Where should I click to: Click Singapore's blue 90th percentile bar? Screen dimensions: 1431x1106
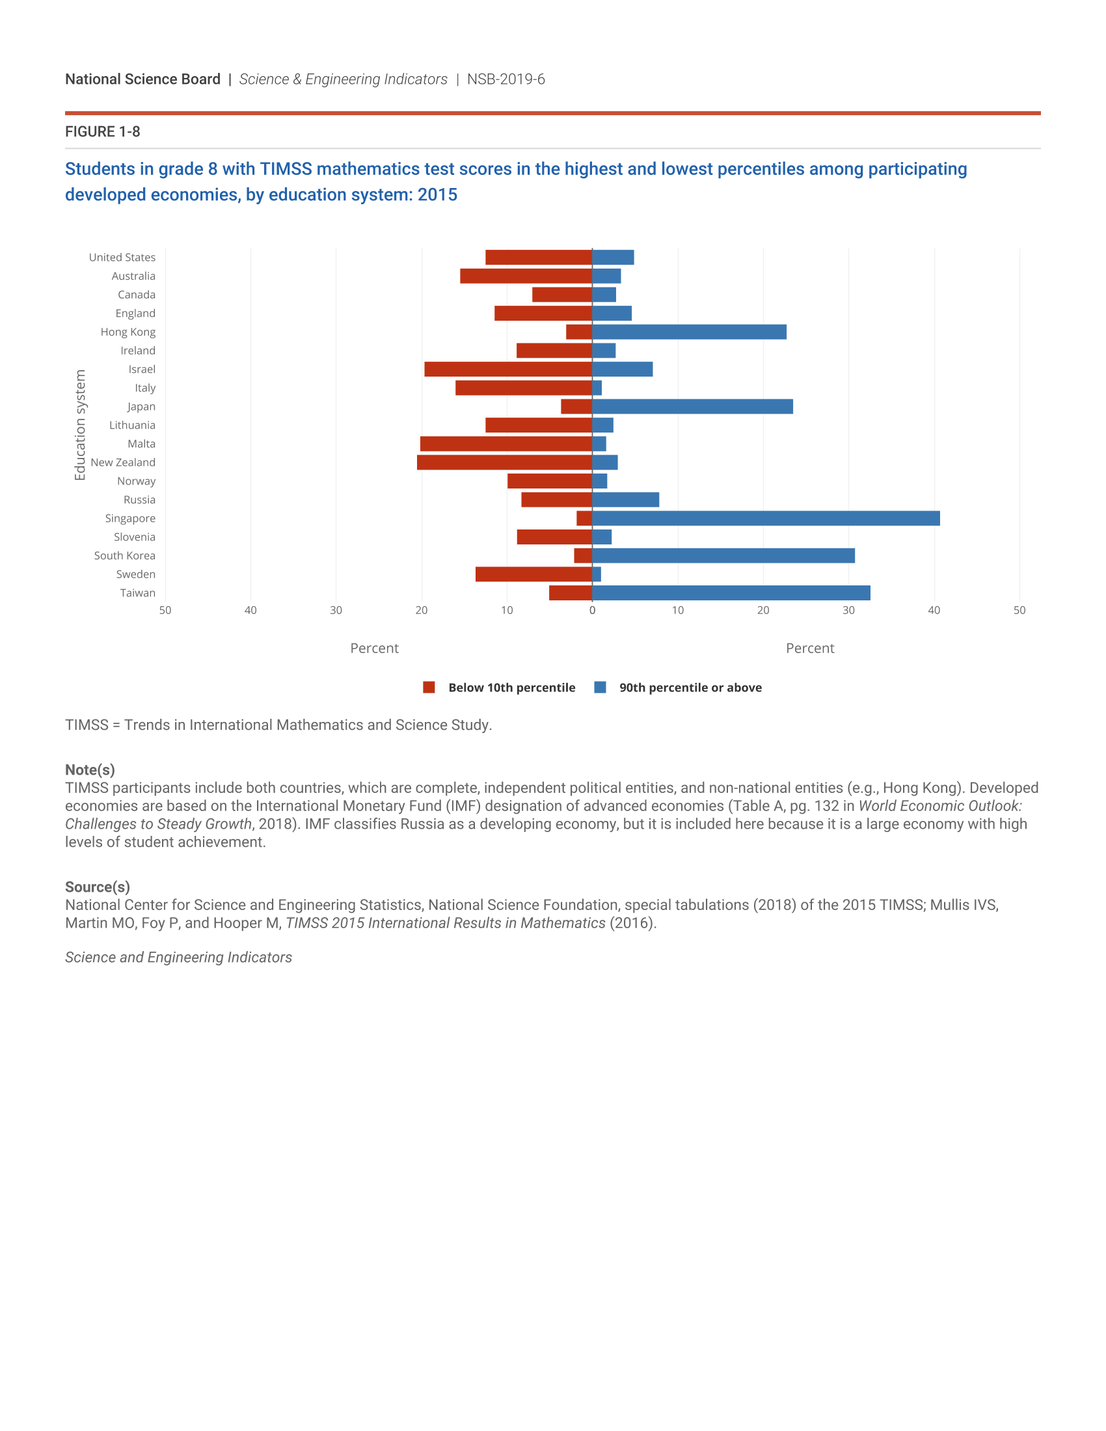tap(765, 518)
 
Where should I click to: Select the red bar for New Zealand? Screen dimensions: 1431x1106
tap(504, 462)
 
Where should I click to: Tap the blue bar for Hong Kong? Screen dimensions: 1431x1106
tap(688, 332)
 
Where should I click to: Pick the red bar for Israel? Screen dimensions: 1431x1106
tap(508, 369)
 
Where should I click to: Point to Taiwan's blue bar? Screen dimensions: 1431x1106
tap(731, 593)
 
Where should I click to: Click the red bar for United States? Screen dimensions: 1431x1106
tap(539, 258)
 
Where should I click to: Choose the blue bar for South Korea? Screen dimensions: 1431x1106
tap(723, 555)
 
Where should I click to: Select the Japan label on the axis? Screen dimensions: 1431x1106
tap(142, 407)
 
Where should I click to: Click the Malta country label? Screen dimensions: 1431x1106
tap(142, 444)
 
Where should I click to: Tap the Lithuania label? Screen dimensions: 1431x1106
tap(132, 425)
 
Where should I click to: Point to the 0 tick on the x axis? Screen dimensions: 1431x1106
tap(592, 611)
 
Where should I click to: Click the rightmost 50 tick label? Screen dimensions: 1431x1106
tap(1019, 611)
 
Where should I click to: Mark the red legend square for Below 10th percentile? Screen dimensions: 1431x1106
tap(429, 688)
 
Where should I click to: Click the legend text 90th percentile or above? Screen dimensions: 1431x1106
tap(690, 688)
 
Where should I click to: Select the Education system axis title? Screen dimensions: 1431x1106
tap(80, 425)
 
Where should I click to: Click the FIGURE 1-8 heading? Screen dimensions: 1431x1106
tap(102, 131)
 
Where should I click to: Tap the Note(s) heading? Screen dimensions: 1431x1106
tap(90, 770)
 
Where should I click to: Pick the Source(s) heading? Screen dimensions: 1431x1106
tap(97, 887)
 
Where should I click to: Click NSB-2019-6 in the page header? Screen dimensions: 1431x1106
tap(506, 79)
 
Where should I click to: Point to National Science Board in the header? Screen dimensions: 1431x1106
tap(143, 79)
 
